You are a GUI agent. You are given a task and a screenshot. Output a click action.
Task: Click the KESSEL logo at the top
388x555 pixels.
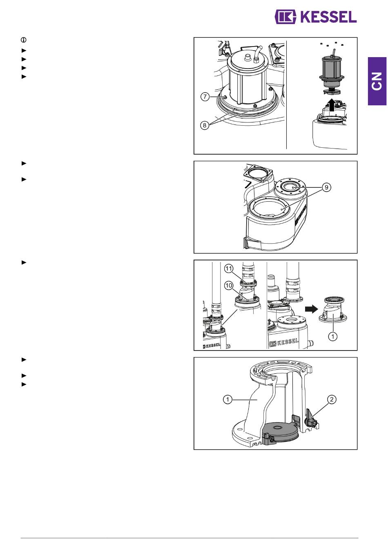pyautogui.click(x=316, y=17)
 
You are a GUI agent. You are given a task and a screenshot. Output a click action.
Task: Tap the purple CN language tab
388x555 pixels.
pyautogui.click(x=377, y=81)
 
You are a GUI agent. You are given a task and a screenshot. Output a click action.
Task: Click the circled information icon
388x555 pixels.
pyautogui.click(x=24, y=40)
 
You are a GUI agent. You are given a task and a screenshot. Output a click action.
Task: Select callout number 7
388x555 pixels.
pyautogui.click(x=205, y=97)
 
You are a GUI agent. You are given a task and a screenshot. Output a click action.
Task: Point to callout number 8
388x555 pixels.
pyautogui.click(x=205, y=125)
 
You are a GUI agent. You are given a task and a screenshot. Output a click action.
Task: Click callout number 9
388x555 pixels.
pyautogui.click(x=326, y=187)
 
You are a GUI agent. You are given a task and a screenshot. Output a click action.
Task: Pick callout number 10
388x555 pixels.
pyautogui.click(x=229, y=286)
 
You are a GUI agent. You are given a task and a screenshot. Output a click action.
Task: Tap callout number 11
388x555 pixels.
pyautogui.click(x=229, y=269)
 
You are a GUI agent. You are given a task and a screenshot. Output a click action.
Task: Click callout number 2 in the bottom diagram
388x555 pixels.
pyautogui.click(x=332, y=400)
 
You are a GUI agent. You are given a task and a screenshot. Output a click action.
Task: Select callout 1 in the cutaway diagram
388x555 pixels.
pyautogui.click(x=227, y=400)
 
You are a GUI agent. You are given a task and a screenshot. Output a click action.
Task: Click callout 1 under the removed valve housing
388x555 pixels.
pyautogui.click(x=333, y=336)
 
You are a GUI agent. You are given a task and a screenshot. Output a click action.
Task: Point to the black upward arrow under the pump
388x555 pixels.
pyautogui.click(x=332, y=105)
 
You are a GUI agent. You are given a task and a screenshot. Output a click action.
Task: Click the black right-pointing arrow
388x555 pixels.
pyautogui.click(x=311, y=309)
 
